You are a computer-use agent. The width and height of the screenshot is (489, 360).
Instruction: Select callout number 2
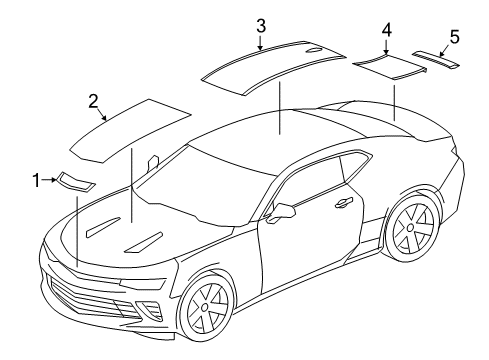coord(92,100)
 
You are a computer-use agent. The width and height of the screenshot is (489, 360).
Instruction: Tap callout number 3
coord(259,24)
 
